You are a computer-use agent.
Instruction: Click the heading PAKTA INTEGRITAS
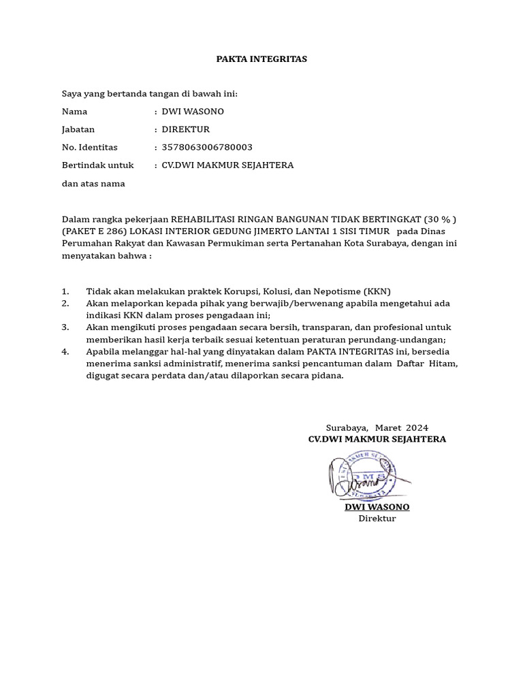point(261,59)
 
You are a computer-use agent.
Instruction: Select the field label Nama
point(74,112)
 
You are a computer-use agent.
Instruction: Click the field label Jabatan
point(78,129)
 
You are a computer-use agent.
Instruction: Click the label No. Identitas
point(89,147)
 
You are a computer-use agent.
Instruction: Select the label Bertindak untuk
point(97,165)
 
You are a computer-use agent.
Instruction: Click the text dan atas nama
point(93,184)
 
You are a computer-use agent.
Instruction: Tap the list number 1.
point(65,291)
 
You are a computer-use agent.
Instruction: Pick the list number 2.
point(65,304)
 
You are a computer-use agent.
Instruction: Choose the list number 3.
point(65,327)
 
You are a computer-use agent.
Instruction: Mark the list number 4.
point(65,352)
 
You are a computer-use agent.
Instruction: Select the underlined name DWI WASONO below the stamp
point(377,507)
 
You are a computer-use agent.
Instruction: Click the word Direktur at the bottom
point(377,519)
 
